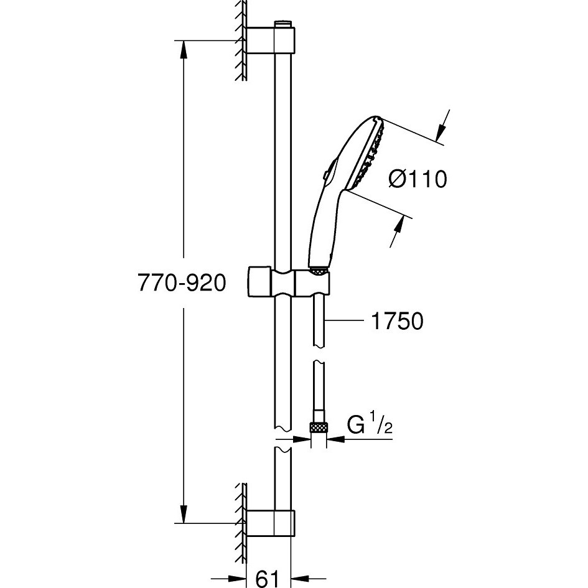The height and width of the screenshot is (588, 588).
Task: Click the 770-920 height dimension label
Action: coord(182,282)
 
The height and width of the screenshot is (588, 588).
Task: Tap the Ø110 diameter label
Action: coord(418,179)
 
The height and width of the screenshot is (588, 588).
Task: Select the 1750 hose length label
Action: coord(397,321)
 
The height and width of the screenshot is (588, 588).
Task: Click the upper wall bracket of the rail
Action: coord(271,40)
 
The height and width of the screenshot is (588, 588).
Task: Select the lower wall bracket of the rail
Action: coord(271,523)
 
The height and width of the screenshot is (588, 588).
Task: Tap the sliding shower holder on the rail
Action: coord(289,282)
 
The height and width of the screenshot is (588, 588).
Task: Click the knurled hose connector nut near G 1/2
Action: coord(319,427)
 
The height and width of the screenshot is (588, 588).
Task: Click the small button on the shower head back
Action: coord(325,175)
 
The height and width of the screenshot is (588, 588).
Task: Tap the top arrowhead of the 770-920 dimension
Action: coord(184,49)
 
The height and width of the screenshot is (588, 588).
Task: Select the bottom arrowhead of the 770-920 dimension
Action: coord(184,514)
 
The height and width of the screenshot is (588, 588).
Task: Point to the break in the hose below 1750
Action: coord(319,355)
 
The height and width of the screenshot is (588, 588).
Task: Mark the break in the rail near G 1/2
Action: coord(284,439)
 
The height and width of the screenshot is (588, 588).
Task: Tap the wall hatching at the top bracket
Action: coord(241,40)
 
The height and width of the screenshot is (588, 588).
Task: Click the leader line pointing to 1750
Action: coord(345,321)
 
